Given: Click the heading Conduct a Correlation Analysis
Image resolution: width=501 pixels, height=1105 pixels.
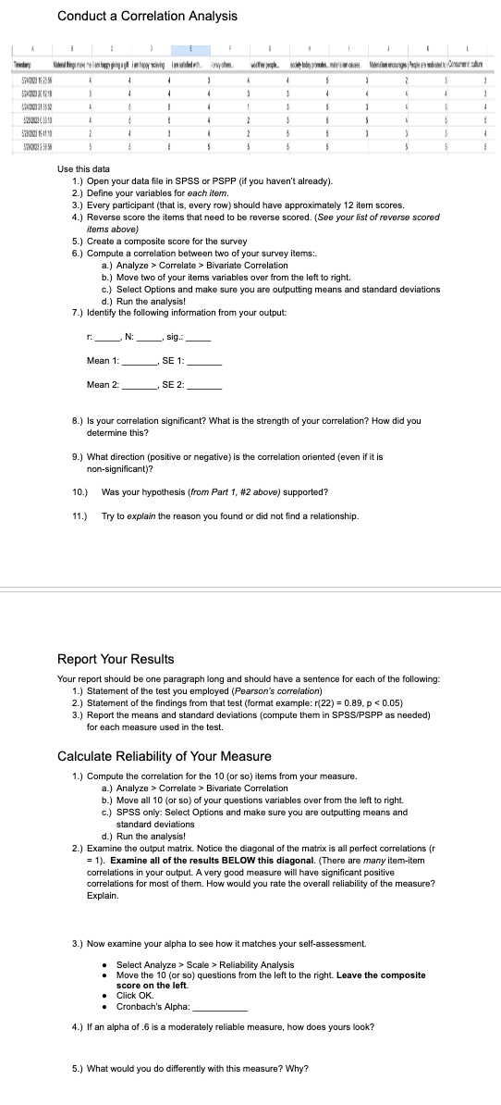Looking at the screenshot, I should click(147, 16).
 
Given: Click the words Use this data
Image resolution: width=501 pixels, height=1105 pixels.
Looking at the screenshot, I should click(83, 169).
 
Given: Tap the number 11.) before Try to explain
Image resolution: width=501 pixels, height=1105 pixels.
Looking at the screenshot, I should click(79, 515).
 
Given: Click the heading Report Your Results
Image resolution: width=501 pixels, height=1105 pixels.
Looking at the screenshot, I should click(116, 659).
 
